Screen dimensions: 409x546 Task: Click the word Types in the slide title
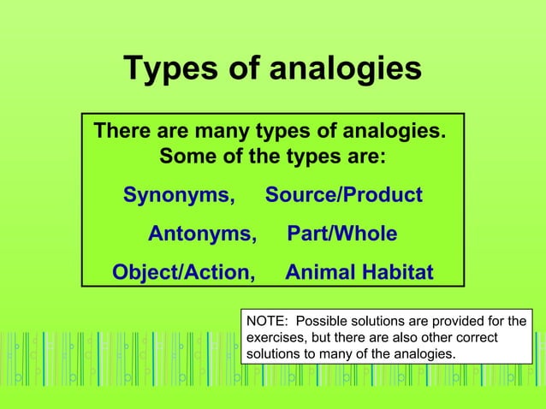[x=168, y=68]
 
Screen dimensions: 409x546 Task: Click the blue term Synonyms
[x=179, y=195]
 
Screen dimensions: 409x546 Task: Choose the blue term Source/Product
[x=343, y=195]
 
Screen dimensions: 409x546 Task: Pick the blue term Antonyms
[x=202, y=234]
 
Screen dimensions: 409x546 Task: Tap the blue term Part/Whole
[x=342, y=234]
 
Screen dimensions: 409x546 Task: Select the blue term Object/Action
[x=184, y=273]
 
